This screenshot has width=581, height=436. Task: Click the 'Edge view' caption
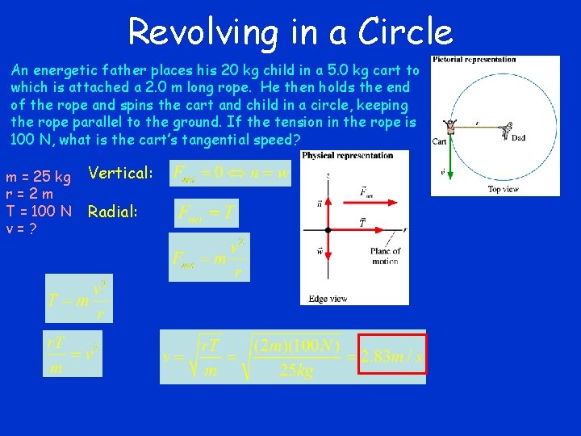(328, 299)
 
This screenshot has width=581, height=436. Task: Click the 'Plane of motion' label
(385, 256)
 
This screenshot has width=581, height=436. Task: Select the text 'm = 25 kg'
(38, 176)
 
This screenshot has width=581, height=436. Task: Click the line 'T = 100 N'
(39, 212)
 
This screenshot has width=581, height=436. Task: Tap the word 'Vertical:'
(120, 173)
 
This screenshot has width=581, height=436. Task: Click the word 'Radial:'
(113, 212)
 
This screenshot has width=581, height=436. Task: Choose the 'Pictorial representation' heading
(474, 60)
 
